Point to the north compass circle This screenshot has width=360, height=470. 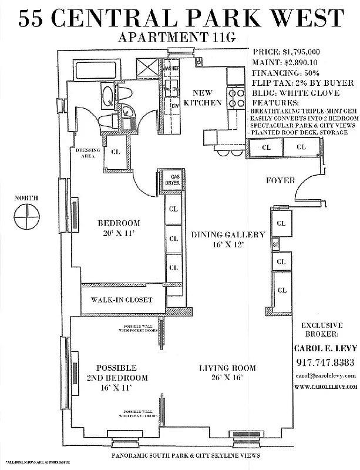click(x=26, y=221)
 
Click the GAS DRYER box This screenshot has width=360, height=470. click(x=175, y=179)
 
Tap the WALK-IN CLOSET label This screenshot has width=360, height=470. click(x=122, y=300)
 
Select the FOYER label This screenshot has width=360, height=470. click(x=280, y=180)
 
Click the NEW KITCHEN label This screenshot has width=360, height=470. click(x=201, y=98)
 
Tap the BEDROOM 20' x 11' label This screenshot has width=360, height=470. click(x=119, y=228)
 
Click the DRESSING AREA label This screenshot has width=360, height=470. click(x=88, y=154)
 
